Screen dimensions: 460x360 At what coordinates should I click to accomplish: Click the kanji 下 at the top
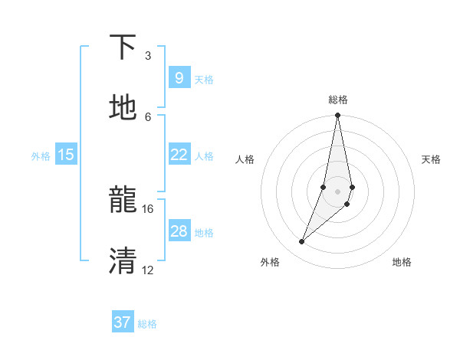tap(123, 47)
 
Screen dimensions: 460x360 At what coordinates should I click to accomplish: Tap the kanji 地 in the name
tap(123, 108)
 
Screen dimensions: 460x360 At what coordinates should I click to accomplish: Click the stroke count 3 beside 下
tap(148, 56)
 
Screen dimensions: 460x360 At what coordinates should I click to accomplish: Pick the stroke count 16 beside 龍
tap(148, 208)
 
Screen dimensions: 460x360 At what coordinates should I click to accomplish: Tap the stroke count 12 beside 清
tap(148, 270)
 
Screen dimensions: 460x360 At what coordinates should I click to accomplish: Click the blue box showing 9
tap(179, 77)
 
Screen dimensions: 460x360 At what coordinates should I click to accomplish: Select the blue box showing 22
tap(179, 155)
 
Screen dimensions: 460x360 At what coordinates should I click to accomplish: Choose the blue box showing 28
tap(179, 231)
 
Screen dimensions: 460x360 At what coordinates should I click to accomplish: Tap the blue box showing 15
tap(66, 155)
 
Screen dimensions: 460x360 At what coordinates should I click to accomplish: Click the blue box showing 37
tap(123, 322)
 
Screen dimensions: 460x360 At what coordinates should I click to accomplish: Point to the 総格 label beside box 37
tap(147, 324)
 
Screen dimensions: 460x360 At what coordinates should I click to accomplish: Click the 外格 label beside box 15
tap(41, 156)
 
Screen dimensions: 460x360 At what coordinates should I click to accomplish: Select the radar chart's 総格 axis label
tap(338, 100)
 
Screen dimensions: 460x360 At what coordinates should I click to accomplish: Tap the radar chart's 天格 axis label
tap(432, 159)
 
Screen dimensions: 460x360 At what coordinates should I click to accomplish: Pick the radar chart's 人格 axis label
tap(245, 159)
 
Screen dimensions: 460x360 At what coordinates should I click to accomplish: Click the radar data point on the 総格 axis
tap(338, 116)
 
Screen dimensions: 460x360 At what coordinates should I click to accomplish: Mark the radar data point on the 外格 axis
tap(302, 242)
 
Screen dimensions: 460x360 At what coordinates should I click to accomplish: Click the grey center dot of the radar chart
tap(338, 191)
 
